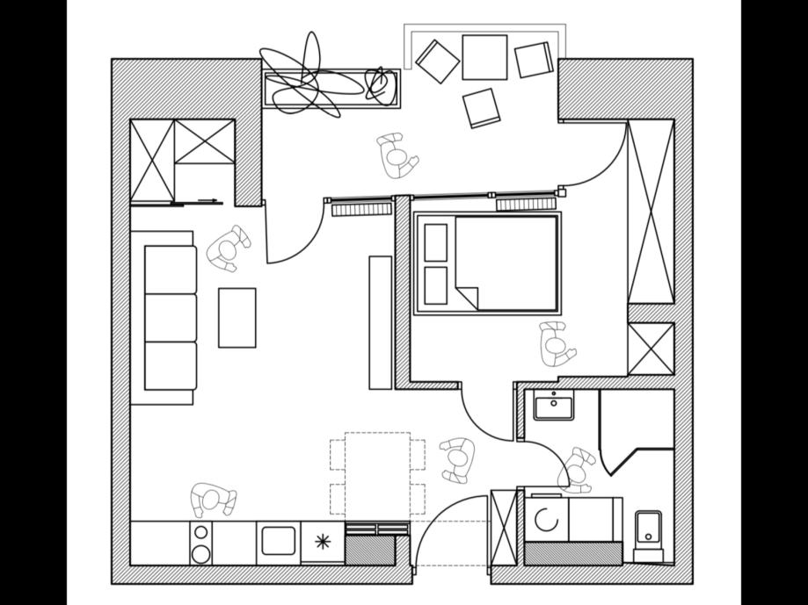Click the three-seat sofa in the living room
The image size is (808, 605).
pyautogui.click(x=170, y=317)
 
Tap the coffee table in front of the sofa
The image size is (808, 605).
pyautogui.click(x=237, y=317)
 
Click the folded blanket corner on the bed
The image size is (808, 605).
pyautogui.click(x=467, y=296)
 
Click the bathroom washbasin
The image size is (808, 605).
pyautogui.click(x=553, y=407)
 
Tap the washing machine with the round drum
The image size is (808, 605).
pyautogui.click(x=546, y=520)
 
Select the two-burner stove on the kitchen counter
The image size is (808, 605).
pyautogui.click(x=201, y=543)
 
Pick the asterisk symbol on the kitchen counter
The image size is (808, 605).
pyautogui.click(x=323, y=542)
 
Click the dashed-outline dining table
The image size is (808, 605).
pyautogui.click(x=377, y=474)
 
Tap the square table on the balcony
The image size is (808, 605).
pyautogui.click(x=484, y=57)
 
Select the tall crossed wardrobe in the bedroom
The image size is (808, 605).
pyautogui.click(x=651, y=212)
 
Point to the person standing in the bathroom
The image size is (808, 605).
pyautogui.click(x=578, y=469)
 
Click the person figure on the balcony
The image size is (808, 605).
pyautogui.click(x=397, y=155)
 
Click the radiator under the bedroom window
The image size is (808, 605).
pyautogui.click(x=526, y=205)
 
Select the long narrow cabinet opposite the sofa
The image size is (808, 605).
pyautogui.click(x=380, y=322)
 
